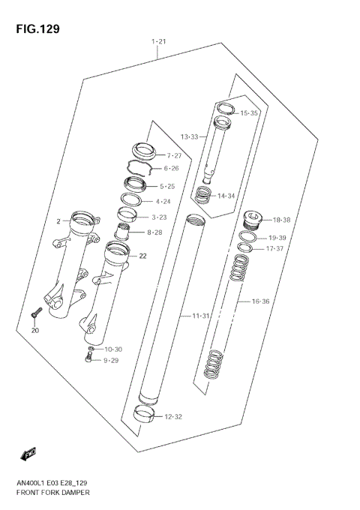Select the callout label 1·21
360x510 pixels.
158,42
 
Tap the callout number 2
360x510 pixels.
58,221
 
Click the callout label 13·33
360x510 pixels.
189,136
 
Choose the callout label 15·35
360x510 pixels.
249,113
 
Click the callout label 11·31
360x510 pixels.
200,316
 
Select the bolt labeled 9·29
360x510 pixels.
89,361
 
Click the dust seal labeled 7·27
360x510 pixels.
144,149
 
